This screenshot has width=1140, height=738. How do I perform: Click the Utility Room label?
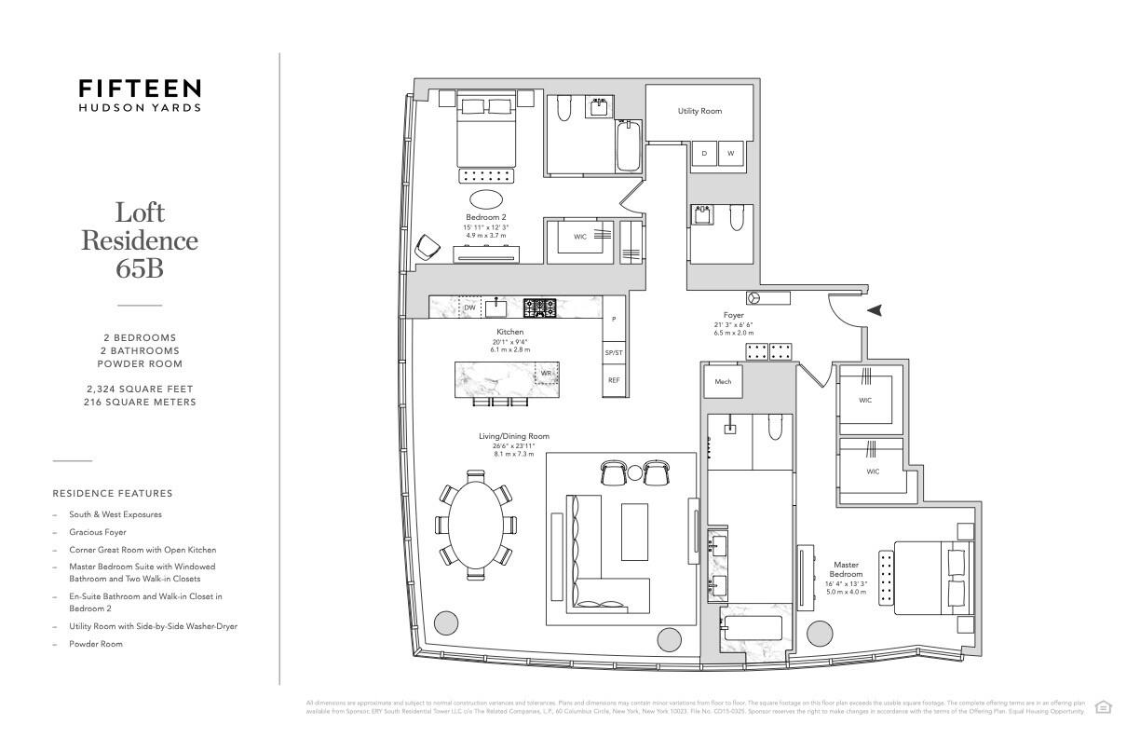coord(699,112)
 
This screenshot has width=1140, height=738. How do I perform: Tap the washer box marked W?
coord(731,153)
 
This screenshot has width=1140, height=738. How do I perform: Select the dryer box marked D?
coord(704,153)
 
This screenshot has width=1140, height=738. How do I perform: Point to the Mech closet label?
coord(723,381)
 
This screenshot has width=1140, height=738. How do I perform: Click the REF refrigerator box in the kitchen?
coord(614,380)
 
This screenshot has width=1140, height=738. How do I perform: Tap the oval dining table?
coord(476,524)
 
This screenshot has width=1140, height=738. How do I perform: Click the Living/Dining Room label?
coord(514,436)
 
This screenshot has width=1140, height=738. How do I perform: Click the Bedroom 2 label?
coord(486,217)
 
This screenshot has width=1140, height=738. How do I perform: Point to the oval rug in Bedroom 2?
coord(486,198)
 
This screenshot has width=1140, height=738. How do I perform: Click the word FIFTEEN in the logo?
coord(140,89)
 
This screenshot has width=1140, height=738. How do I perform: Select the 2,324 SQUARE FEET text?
coord(140,388)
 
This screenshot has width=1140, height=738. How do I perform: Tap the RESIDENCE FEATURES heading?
coord(113,493)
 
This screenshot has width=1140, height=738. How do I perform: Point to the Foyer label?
coord(734,315)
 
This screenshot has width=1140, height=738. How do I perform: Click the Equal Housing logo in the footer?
coord(1104,707)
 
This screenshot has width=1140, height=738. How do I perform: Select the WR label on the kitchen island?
coord(547,374)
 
